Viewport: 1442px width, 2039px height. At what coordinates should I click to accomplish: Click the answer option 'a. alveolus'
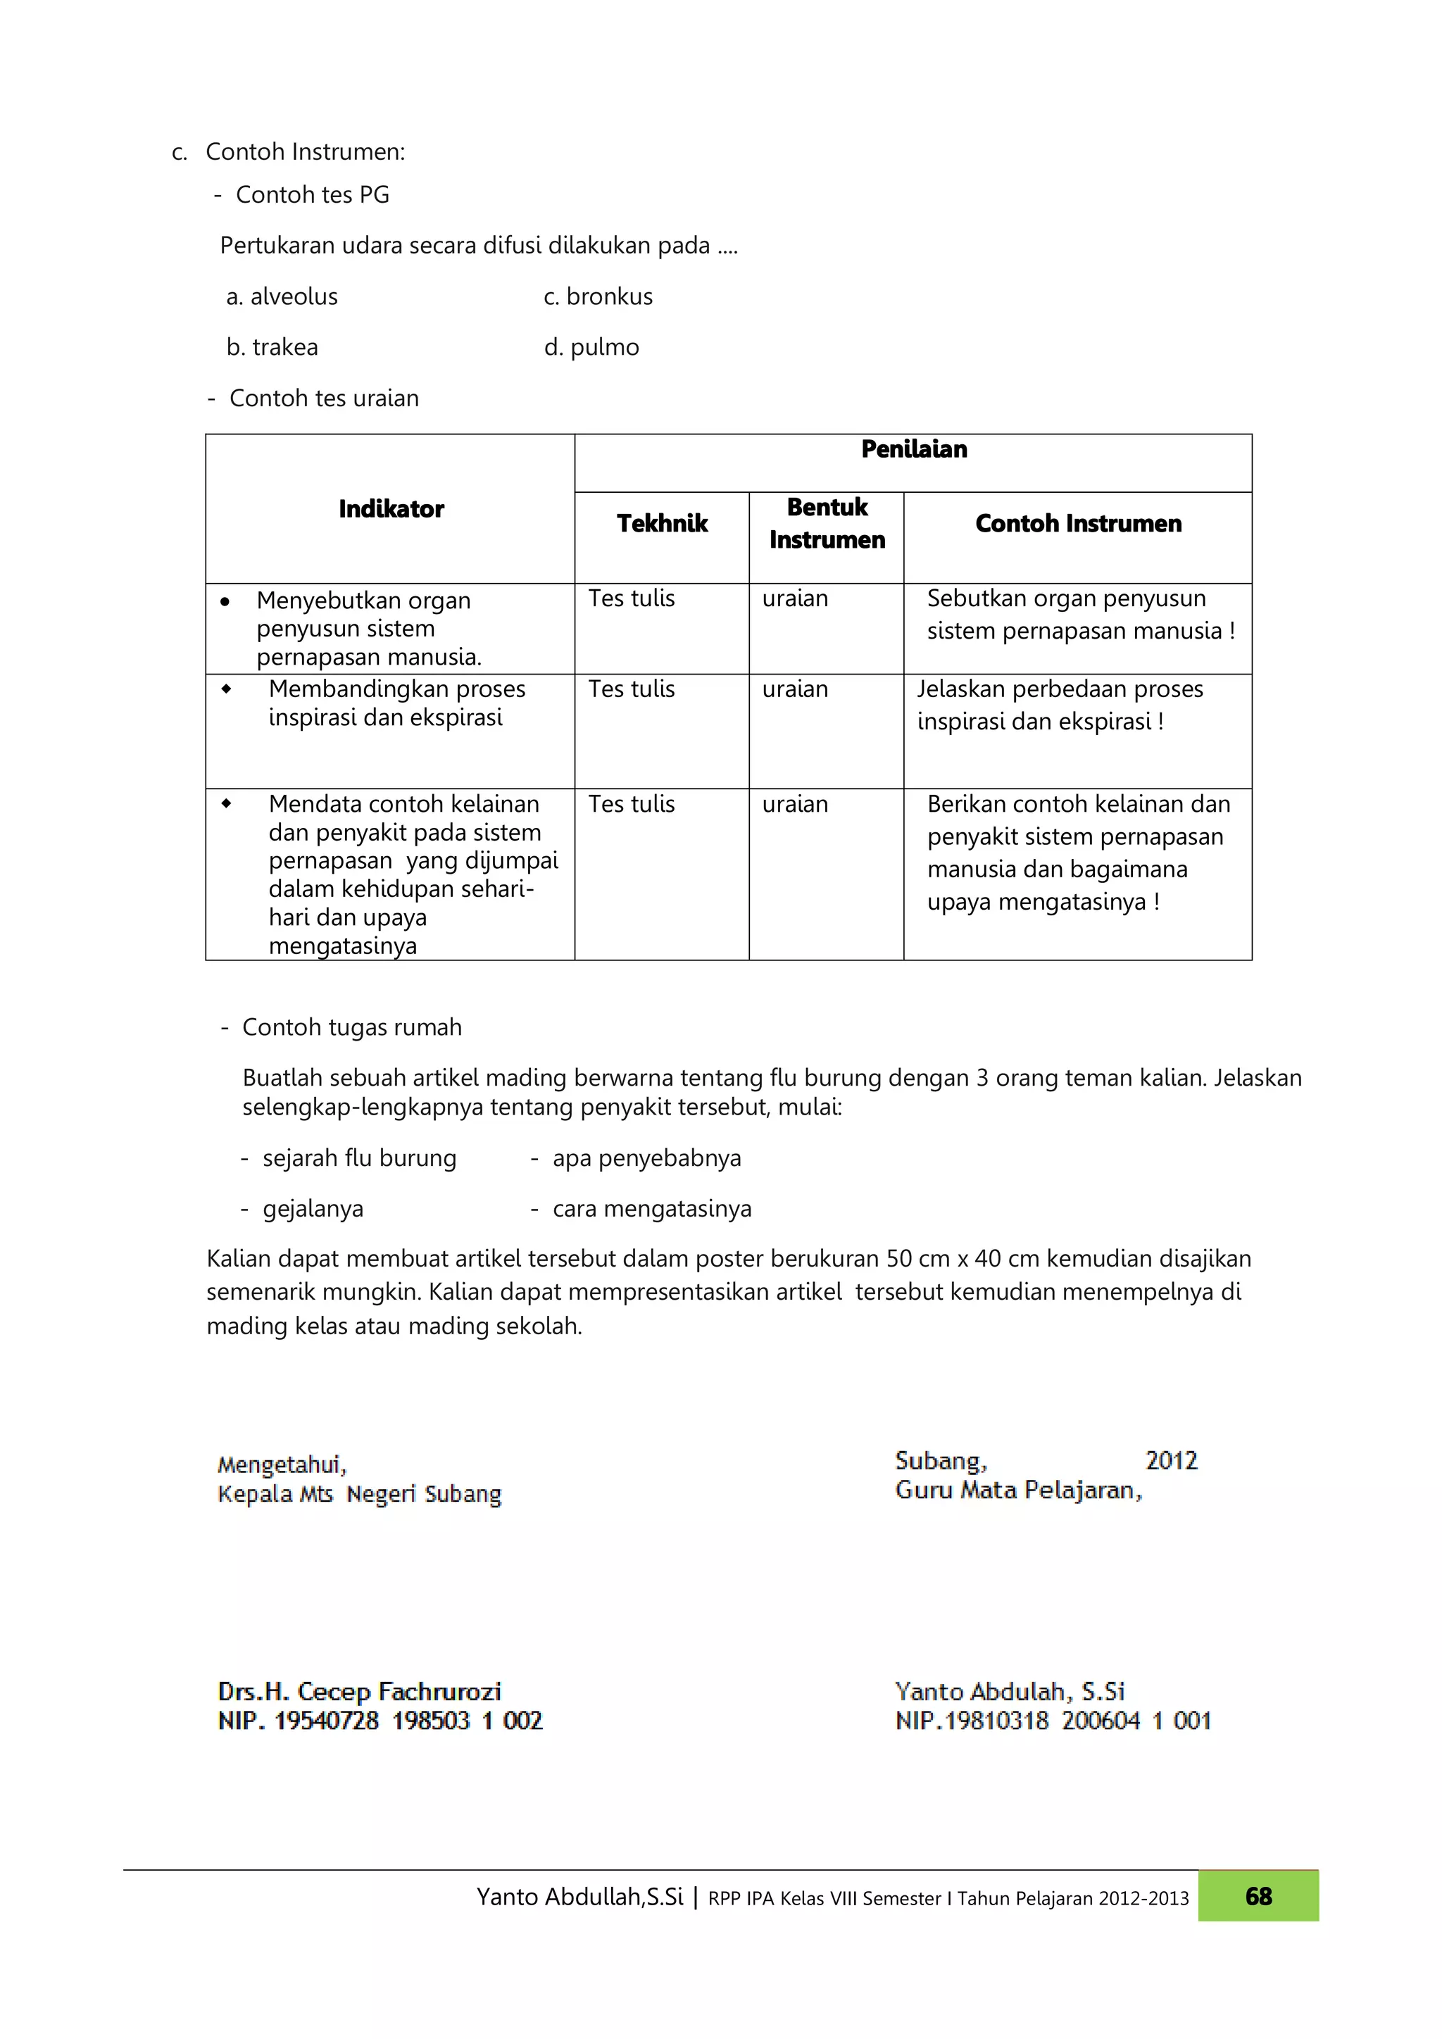282,296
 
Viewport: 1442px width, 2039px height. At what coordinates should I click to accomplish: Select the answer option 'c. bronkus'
598,296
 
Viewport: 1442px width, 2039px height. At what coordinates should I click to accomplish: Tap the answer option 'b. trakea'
272,347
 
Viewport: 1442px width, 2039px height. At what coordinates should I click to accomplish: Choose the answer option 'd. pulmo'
591,347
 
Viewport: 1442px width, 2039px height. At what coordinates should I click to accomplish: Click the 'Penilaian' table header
914,449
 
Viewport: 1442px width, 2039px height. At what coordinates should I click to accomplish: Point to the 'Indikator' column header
391,509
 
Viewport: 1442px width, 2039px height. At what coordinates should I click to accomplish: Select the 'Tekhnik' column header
663,524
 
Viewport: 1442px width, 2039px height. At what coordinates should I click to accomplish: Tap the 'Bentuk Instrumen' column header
827,523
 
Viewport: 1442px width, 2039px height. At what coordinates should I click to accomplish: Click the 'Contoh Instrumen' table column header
1078,524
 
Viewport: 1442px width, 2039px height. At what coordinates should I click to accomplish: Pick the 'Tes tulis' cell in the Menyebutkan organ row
632,598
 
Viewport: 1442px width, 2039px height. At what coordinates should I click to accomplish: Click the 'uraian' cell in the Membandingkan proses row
795,689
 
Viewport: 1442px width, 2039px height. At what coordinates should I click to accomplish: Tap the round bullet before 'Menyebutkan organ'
225,602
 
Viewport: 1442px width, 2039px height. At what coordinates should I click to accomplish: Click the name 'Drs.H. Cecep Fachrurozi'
360,1692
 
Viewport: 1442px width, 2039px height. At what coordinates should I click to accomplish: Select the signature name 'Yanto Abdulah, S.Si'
1010,1692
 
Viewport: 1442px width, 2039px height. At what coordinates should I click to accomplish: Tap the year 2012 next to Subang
1171,1461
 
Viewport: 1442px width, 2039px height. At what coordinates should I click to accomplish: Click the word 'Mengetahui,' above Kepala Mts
282,1464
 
